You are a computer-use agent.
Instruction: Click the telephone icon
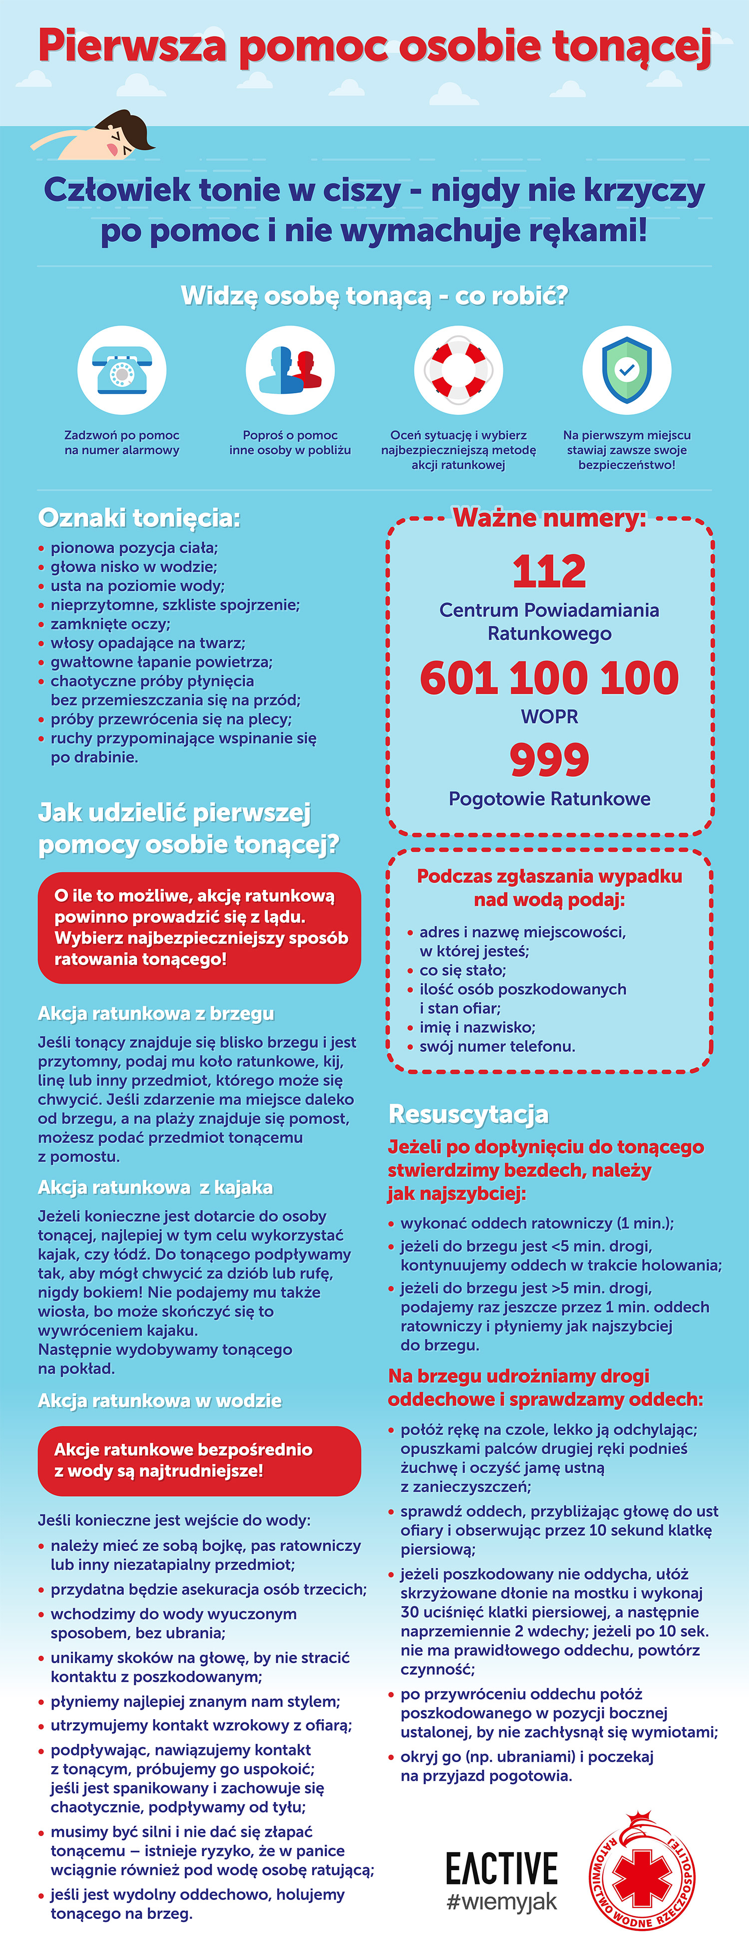click(x=121, y=370)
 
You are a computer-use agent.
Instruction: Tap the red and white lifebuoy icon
click(x=458, y=370)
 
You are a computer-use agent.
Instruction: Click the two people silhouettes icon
click(x=290, y=370)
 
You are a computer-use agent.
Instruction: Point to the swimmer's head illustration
click(x=124, y=134)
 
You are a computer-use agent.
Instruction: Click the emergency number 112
click(x=549, y=571)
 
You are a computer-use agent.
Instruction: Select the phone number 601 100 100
click(x=549, y=678)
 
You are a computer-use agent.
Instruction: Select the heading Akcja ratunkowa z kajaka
click(x=155, y=1187)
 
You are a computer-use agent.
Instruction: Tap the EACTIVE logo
click(x=501, y=1869)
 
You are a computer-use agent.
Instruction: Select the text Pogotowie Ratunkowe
click(x=549, y=799)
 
